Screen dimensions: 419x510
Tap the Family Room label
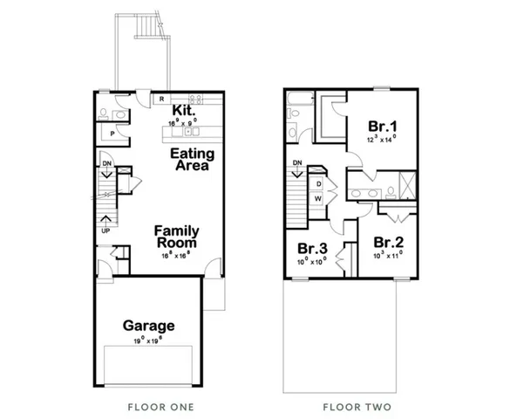click(x=177, y=237)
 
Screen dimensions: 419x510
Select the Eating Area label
click(x=191, y=159)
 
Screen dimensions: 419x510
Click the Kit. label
click(x=183, y=111)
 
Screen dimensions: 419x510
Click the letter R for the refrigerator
click(x=161, y=100)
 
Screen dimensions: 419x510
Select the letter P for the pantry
click(x=112, y=134)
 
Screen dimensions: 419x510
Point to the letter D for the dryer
click(x=320, y=184)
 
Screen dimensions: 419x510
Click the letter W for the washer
click(x=320, y=199)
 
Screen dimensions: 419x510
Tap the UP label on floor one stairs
click(x=106, y=231)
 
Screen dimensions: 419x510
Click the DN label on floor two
click(x=297, y=162)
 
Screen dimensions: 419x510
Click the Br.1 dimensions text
click(x=382, y=138)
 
